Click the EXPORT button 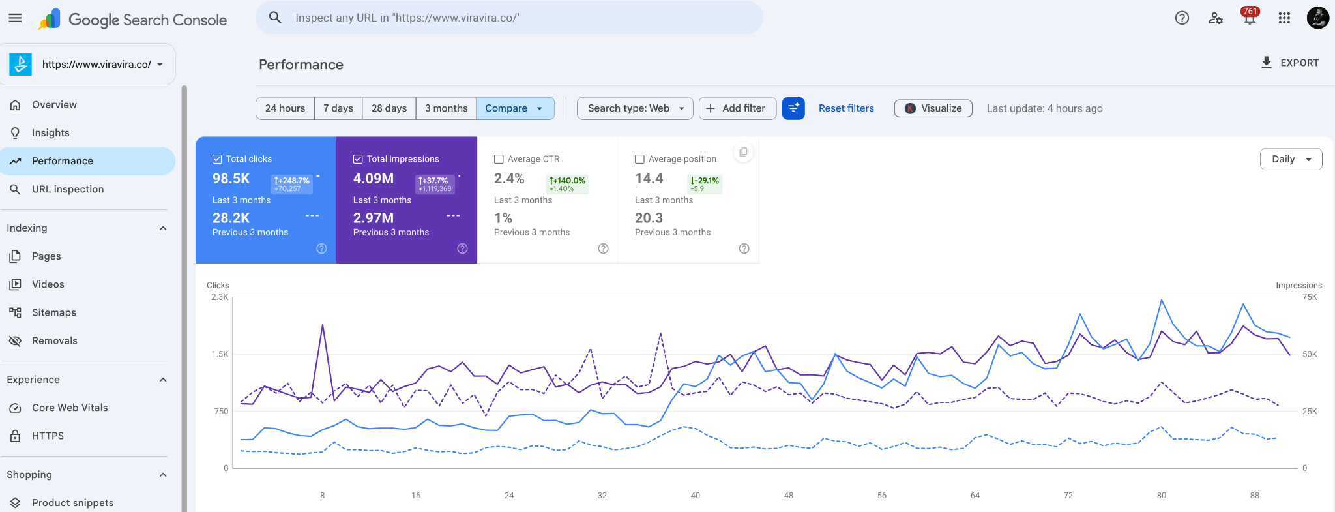pos(1290,63)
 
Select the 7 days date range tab pos(338,108)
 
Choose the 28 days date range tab pos(389,108)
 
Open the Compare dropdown pos(515,108)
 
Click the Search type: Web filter pos(635,108)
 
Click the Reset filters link pos(846,108)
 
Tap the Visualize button pos(933,108)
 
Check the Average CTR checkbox pos(499,159)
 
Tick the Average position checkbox pos(639,159)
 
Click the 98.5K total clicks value pos(231,179)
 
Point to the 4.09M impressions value pos(374,179)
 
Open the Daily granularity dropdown pos(1291,159)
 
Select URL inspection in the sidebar pos(68,189)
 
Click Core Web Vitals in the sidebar pos(70,408)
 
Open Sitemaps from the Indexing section pos(54,312)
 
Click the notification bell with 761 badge pos(1250,18)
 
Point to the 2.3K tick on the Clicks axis pos(220,297)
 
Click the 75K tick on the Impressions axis pos(1310,297)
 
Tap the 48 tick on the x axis pos(789,496)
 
